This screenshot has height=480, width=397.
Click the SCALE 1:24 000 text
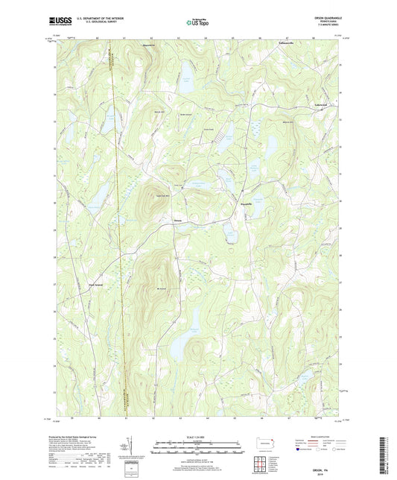click(x=198, y=436)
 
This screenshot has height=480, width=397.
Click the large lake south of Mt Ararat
click(x=177, y=346)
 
